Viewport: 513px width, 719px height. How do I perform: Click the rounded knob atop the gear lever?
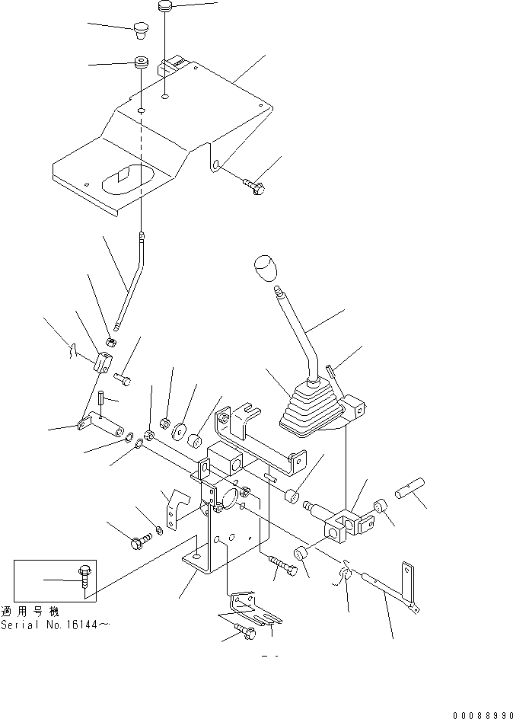[x=263, y=270]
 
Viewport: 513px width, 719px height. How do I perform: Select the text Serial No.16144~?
[x=55, y=625]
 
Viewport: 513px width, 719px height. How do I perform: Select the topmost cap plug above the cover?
[x=166, y=7]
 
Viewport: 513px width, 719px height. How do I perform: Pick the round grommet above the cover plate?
[x=141, y=63]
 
